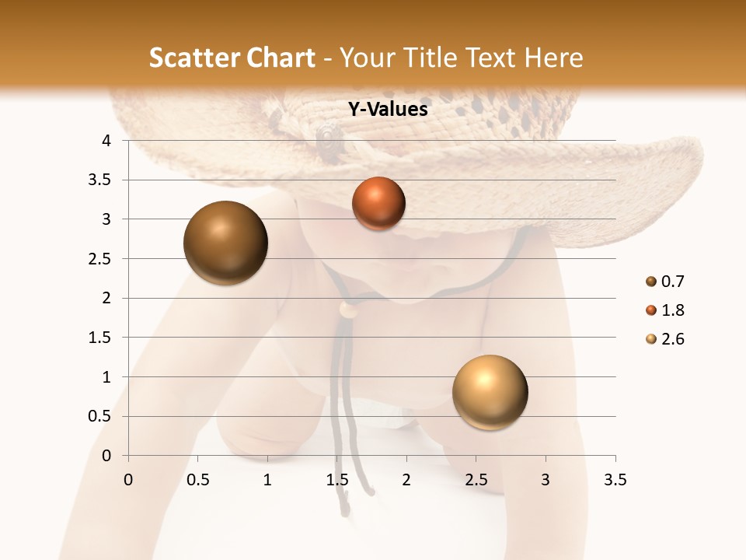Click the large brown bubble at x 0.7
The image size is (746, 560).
[x=226, y=243]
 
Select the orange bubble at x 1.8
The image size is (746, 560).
[x=378, y=204]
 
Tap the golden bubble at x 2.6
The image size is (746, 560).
[x=490, y=392]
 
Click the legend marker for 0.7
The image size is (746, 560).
[x=650, y=282]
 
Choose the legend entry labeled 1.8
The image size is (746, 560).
[x=673, y=310]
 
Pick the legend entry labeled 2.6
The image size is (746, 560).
[x=673, y=339]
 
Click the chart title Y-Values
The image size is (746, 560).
[x=388, y=110]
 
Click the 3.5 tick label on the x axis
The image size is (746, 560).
[x=615, y=480]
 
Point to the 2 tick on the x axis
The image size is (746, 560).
[x=406, y=480]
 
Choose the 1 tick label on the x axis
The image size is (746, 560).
[x=267, y=480]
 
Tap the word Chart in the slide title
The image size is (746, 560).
[x=281, y=58]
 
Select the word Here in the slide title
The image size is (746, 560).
[x=553, y=58]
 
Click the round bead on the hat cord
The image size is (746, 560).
[x=349, y=310]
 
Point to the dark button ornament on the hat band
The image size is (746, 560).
[x=329, y=138]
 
